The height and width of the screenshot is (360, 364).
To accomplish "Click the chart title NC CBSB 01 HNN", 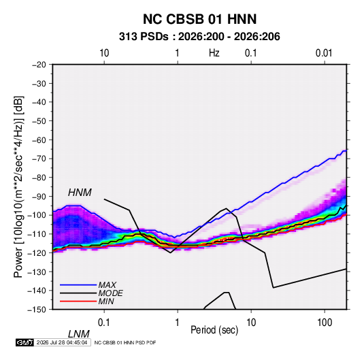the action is pos(199,19).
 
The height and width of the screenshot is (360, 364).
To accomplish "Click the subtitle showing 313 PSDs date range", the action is pos(199,37).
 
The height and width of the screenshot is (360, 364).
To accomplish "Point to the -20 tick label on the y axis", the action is pos(39,65).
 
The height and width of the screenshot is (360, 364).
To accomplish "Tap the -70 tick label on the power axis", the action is pos(39,159).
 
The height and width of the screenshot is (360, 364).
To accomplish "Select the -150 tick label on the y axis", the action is pos(37,310).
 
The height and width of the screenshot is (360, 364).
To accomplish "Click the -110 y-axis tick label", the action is pos(37,234).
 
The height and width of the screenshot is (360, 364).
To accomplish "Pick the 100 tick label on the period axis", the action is pos(324,323).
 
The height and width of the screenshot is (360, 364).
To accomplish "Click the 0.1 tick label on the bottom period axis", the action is pos(103,323).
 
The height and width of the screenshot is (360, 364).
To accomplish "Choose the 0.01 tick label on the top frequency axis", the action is pos(324,53).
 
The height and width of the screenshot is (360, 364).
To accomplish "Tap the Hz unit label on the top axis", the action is pos(214,53).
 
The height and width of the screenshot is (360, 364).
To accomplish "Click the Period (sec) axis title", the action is pos(214,330).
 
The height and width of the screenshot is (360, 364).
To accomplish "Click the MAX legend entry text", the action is pos(107,285).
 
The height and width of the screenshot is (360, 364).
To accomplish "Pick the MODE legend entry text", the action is pos(110,293).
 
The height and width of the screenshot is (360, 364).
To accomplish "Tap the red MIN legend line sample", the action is pos(78,301).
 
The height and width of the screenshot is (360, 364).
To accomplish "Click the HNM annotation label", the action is pos(80,193).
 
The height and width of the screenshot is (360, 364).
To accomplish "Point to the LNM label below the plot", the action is pos(78,334).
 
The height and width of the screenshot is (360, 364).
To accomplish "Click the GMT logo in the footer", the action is pos(24,342).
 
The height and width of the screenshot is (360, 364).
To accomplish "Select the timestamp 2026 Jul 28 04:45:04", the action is pos(62,342).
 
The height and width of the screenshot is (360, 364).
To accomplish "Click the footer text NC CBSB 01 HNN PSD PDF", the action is pos(125,342).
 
